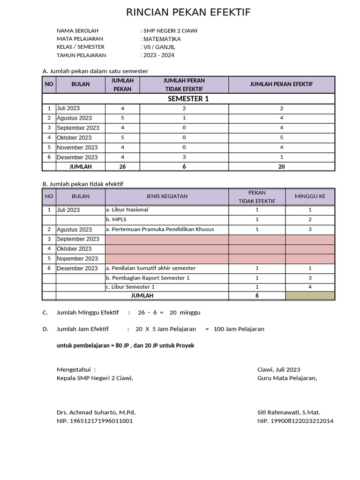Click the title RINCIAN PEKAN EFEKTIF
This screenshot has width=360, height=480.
pyautogui.click(x=188, y=13)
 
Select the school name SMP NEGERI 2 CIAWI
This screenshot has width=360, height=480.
pyautogui.click(x=170, y=30)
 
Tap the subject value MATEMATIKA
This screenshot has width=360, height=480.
pyautogui.click(x=162, y=39)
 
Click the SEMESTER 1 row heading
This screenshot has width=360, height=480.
pyautogui.click(x=188, y=99)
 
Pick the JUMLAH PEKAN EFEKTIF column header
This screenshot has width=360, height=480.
pyautogui.click(x=282, y=84)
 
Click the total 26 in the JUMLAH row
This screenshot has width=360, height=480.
pyautogui.click(x=122, y=166)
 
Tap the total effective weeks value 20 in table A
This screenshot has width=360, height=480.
pyautogui.click(x=282, y=166)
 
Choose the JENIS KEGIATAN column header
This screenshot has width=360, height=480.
pyautogui.click(x=167, y=196)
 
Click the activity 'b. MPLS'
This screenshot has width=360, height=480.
pyautogui.click(x=113, y=219)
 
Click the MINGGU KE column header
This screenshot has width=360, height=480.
pyautogui.click(x=310, y=196)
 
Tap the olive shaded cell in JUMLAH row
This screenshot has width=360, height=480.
pyautogui.click(x=310, y=295)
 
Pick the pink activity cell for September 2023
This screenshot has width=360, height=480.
pyautogui.click(x=167, y=239)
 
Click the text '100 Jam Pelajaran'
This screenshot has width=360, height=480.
pyautogui.click(x=239, y=329)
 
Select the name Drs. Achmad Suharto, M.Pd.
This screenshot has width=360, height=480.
pyautogui.click(x=96, y=412)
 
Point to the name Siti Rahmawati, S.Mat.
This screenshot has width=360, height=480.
pyautogui.click(x=289, y=412)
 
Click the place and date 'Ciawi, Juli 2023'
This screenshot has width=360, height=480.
pyautogui.click(x=279, y=370)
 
